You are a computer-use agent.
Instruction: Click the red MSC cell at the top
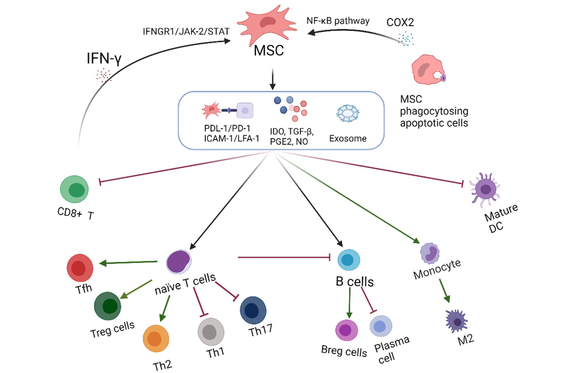268,23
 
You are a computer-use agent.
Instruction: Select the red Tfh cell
80,268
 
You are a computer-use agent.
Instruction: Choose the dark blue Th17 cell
254,310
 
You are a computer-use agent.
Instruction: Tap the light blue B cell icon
349,260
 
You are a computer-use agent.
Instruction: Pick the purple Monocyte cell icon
430,252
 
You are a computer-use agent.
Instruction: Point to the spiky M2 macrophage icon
457,320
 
